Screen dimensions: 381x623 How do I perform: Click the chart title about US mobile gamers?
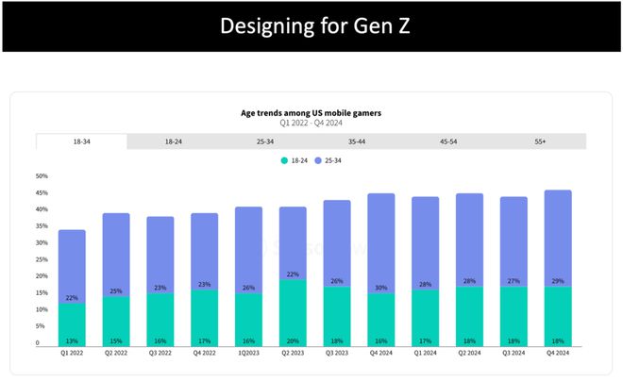point(311,113)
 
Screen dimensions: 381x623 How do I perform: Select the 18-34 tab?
point(81,141)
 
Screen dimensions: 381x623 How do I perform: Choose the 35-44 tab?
point(357,141)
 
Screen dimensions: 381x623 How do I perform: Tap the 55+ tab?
point(541,141)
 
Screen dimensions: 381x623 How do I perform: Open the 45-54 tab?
point(448,141)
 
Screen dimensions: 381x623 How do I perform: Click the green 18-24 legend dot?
point(283,161)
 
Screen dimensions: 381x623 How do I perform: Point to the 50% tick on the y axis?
point(42,176)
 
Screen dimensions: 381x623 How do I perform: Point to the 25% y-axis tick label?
point(42,259)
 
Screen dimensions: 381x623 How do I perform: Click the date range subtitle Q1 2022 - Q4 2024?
point(311,124)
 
